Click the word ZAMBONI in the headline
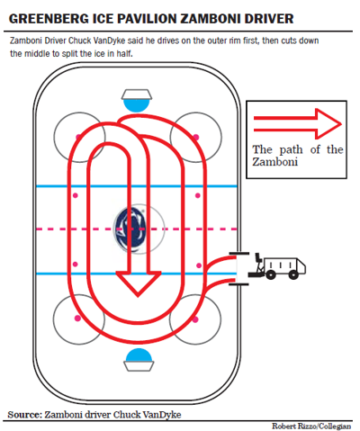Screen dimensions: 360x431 pos(211,19)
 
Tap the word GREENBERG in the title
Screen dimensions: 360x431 pos(48,19)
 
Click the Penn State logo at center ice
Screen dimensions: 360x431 pos(130,229)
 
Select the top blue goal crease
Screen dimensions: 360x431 pos(137,105)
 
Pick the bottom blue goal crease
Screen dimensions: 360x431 pos(139,355)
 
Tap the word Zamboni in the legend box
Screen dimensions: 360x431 pos(275,161)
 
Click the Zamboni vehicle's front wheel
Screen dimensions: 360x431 pos(270,274)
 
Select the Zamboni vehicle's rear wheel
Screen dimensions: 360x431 pos(293,274)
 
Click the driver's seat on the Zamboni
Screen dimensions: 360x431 pos(258,258)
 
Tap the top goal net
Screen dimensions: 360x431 pos(137,94)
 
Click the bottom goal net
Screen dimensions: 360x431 pos(139,366)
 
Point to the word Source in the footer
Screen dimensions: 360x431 pos(24,415)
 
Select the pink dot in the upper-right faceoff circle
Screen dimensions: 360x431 pos(196,137)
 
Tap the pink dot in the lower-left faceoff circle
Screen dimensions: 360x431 pos(77,319)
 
